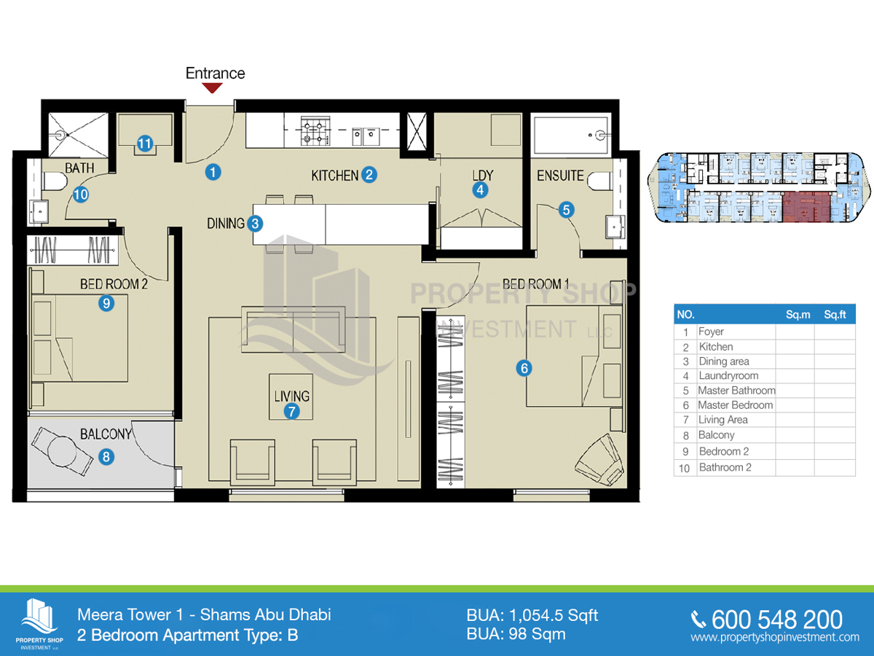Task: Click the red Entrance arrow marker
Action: click(212, 87)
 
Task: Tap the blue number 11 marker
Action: click(144, 144)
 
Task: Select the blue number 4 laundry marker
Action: click(480, 190)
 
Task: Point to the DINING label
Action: click(226, 224)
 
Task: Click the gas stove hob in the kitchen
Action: click(315, 130)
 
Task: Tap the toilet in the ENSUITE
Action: click(599, 181)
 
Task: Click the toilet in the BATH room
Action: click(55, 181)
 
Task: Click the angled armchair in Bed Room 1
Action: click(599, 460)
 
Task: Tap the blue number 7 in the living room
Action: click(291, 411)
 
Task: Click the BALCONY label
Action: click(106, 434)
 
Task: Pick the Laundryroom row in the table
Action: click(765, 375)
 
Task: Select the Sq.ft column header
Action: click(835, 315)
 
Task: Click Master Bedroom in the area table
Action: click(736, 405)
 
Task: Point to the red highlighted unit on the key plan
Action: click(806, 206)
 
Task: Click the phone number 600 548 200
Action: click(777, 620)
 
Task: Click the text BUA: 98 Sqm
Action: click(516, 634)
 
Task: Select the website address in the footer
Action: click(775, 637)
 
